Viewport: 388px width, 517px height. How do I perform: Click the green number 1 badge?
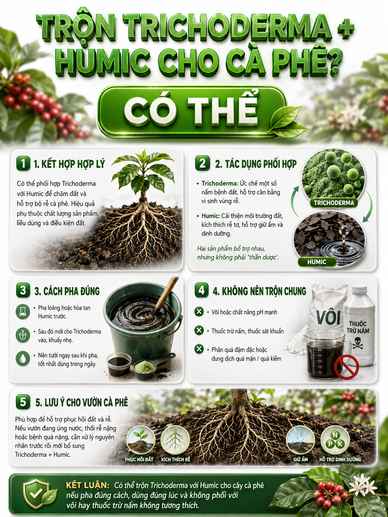23,163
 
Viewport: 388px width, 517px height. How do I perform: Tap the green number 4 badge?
202,290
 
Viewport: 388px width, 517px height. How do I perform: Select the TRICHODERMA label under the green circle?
334,203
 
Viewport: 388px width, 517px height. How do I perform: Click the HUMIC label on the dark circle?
317,262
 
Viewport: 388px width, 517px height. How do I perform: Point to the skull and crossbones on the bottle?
358,343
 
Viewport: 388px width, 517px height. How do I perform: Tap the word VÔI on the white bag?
328,317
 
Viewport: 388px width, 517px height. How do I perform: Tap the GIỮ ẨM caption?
300,459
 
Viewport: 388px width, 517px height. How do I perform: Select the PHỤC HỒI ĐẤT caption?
139,459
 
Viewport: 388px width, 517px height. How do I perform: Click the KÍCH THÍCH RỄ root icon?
175,441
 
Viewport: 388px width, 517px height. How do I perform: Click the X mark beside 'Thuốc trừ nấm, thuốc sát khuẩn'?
199,330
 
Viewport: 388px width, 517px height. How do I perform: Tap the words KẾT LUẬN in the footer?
88,483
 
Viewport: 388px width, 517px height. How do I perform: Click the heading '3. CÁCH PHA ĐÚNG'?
67,291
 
